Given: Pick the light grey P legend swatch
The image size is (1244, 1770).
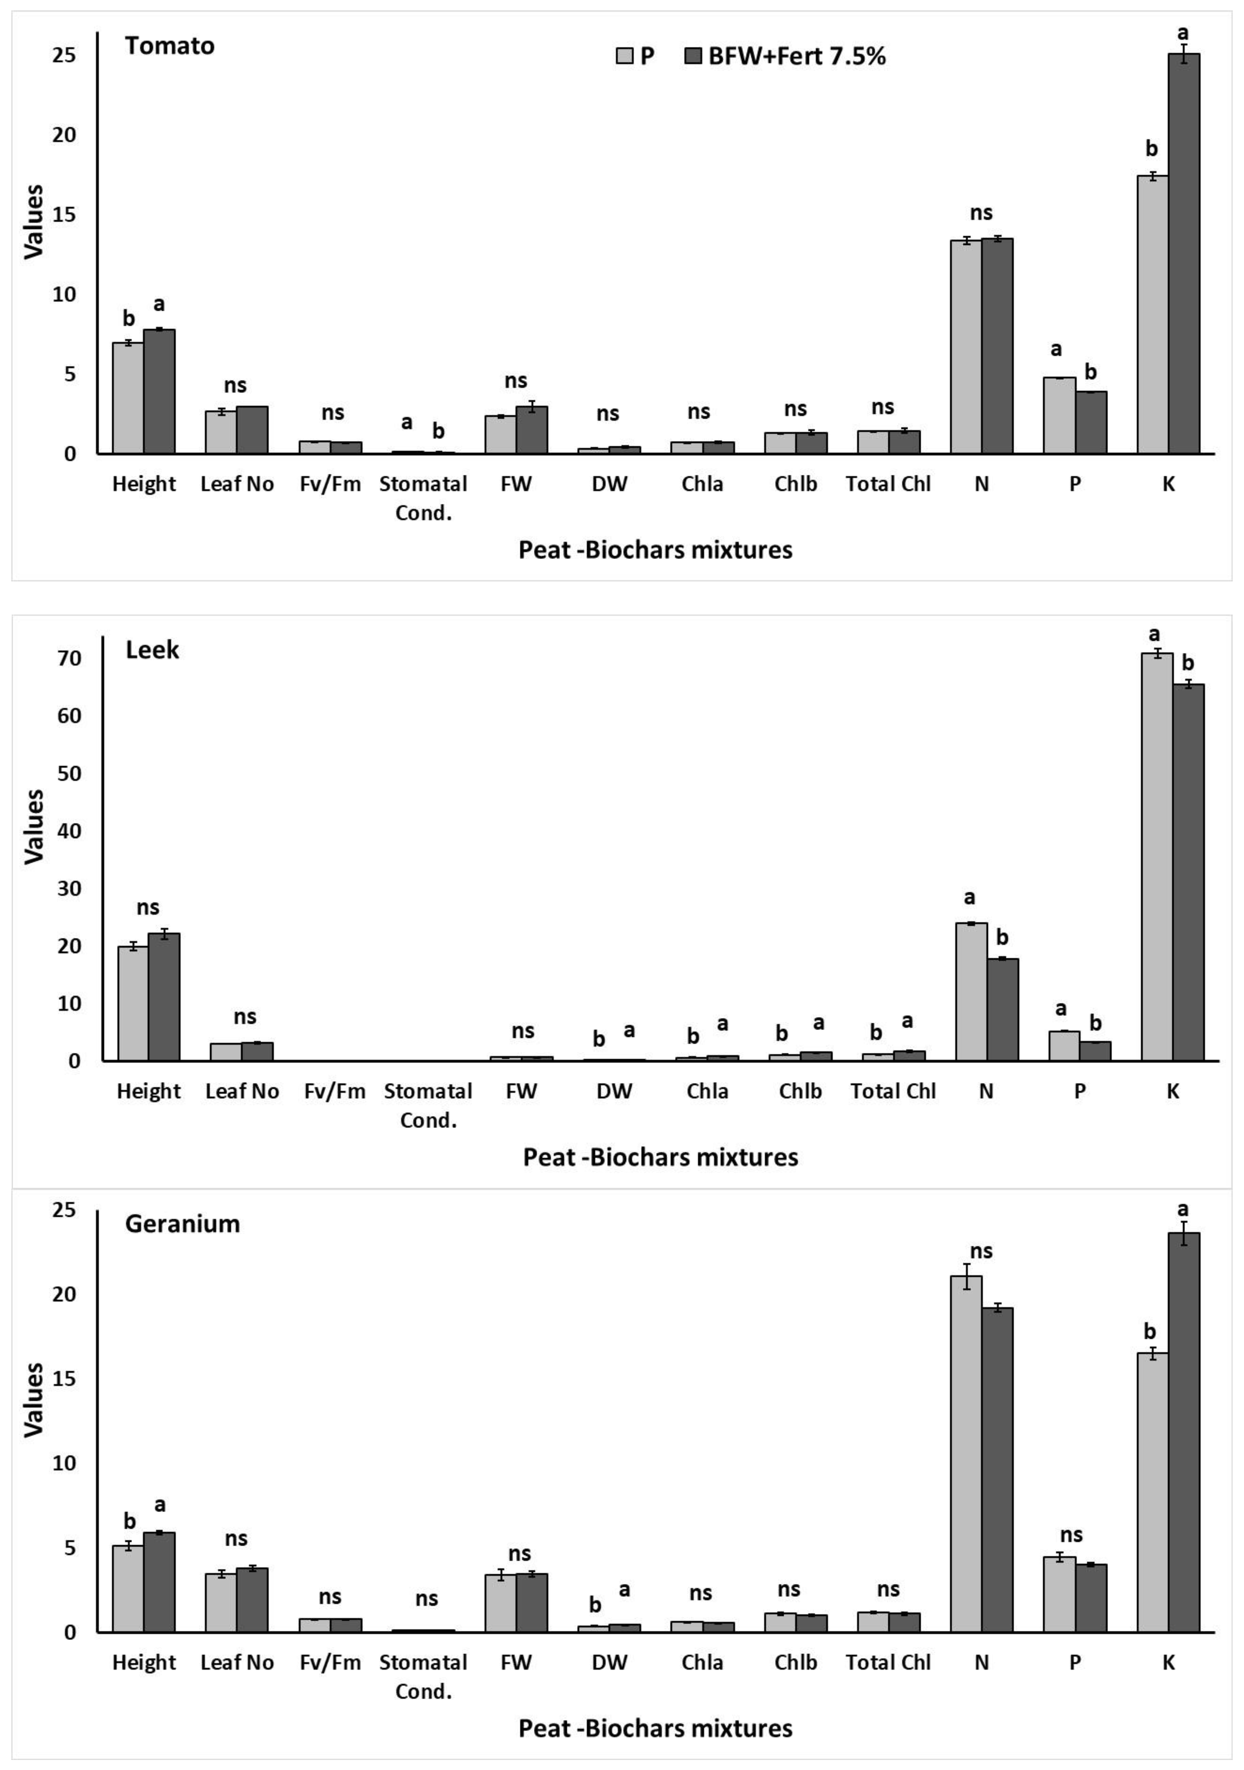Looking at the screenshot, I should click(x=624, y=56).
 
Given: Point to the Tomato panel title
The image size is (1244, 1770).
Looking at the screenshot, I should click(x=170, y=46).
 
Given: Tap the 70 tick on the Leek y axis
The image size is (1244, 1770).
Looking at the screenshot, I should click(x=68, y=658).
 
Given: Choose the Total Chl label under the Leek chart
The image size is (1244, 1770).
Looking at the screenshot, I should click(x=892, y=1091).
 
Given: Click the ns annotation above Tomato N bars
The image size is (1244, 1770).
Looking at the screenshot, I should click(x=981, y=213).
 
